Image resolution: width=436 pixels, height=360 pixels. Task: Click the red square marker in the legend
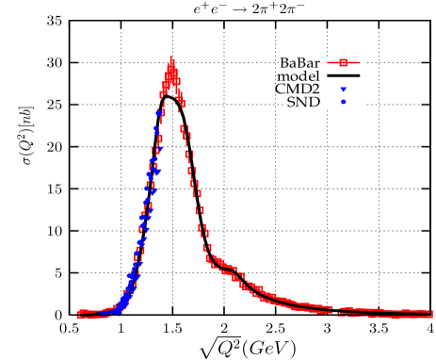point(344,63)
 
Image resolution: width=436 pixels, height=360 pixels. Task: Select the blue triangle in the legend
point(344,90)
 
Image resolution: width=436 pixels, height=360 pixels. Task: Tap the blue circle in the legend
point(344,102)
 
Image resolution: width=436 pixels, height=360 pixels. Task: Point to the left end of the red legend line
point(328,63)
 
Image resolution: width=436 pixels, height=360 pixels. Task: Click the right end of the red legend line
point(360,63)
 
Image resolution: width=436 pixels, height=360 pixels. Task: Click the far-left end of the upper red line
point(78,311)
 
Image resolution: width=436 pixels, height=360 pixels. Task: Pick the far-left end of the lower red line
point(78,318)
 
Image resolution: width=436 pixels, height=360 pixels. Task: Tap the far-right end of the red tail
point(432,313)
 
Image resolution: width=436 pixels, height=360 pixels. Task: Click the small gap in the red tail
point(336,309)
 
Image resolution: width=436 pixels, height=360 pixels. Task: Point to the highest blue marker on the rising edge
point(159,112)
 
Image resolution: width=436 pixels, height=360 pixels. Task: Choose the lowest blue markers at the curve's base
point(121,306)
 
